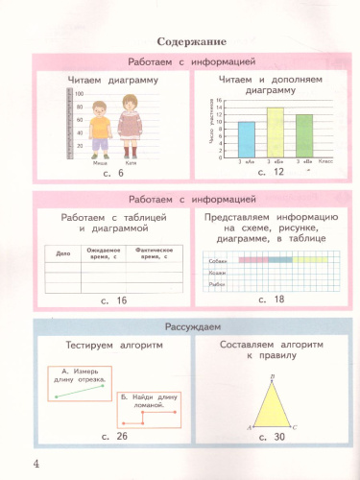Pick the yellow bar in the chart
(x=276, y=132)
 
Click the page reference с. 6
(x=114, y=173)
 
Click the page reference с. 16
(x=114, y=300)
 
